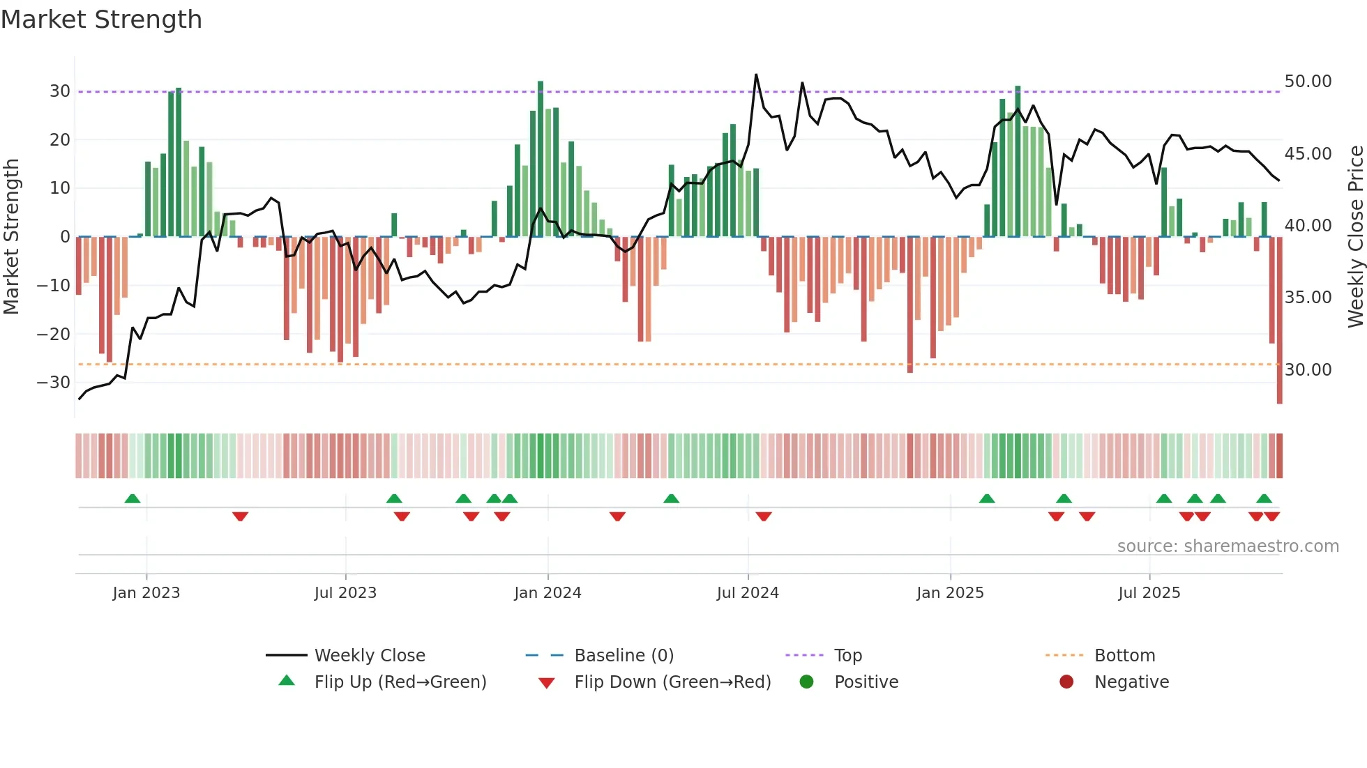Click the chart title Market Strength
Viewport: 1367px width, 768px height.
101,20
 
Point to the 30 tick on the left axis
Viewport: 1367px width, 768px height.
59,91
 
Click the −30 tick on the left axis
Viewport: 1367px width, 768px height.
54,383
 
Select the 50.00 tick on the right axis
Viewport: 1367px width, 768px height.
1308,82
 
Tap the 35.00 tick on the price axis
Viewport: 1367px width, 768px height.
1308,298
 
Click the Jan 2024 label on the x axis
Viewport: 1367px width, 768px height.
547,593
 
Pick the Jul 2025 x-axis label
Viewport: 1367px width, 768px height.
1149,593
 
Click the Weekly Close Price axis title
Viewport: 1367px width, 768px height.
1355,236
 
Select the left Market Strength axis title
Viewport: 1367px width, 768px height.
11,236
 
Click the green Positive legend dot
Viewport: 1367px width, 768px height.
806,682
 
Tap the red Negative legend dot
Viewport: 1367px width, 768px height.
1066,682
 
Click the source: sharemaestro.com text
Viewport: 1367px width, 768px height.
1228,546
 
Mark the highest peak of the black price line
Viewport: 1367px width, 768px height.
756,75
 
